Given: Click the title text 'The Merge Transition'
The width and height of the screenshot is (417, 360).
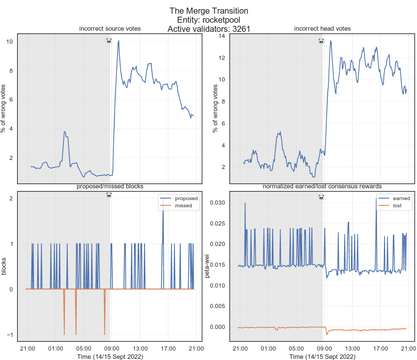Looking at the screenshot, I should tap(208, 11).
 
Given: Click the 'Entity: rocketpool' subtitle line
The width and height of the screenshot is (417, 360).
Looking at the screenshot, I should tap(208, 20).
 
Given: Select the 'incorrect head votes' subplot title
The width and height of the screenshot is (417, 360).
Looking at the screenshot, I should tap(322, 29).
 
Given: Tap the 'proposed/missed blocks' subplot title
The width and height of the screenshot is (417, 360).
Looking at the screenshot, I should tap(110, 186).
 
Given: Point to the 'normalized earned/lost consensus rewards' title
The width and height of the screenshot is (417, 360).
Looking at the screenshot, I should tap(322, 186).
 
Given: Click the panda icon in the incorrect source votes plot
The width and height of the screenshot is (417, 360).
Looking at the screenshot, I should tap(109, 41).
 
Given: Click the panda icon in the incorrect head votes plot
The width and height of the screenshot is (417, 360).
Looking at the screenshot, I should tap(321, 41).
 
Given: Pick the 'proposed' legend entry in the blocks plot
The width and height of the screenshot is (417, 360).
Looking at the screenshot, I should tap(186, 199).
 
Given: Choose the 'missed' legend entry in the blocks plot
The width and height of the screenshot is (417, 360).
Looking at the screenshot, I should tap(183, 206).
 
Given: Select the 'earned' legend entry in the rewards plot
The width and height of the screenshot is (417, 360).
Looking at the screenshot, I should tap(401, 199).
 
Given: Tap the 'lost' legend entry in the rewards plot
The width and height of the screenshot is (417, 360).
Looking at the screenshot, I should tap(397, 206).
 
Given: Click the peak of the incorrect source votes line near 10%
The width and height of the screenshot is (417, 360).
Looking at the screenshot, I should tap(119, 41).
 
